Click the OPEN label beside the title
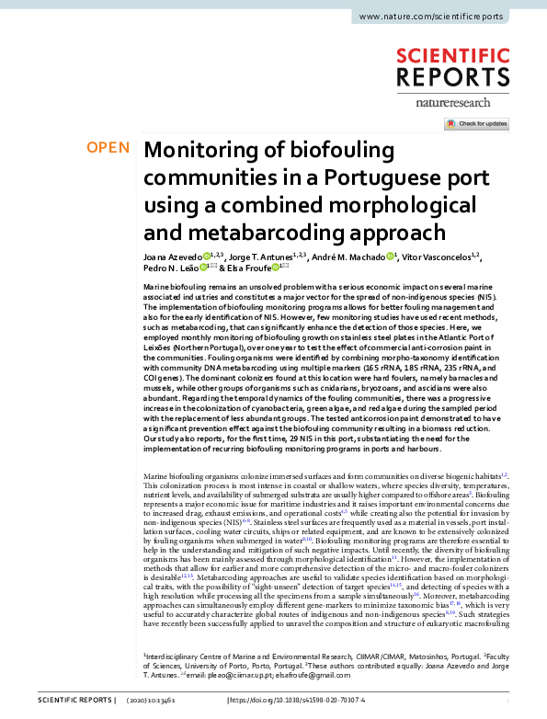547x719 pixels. (108, 148)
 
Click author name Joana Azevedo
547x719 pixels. (173, 257)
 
